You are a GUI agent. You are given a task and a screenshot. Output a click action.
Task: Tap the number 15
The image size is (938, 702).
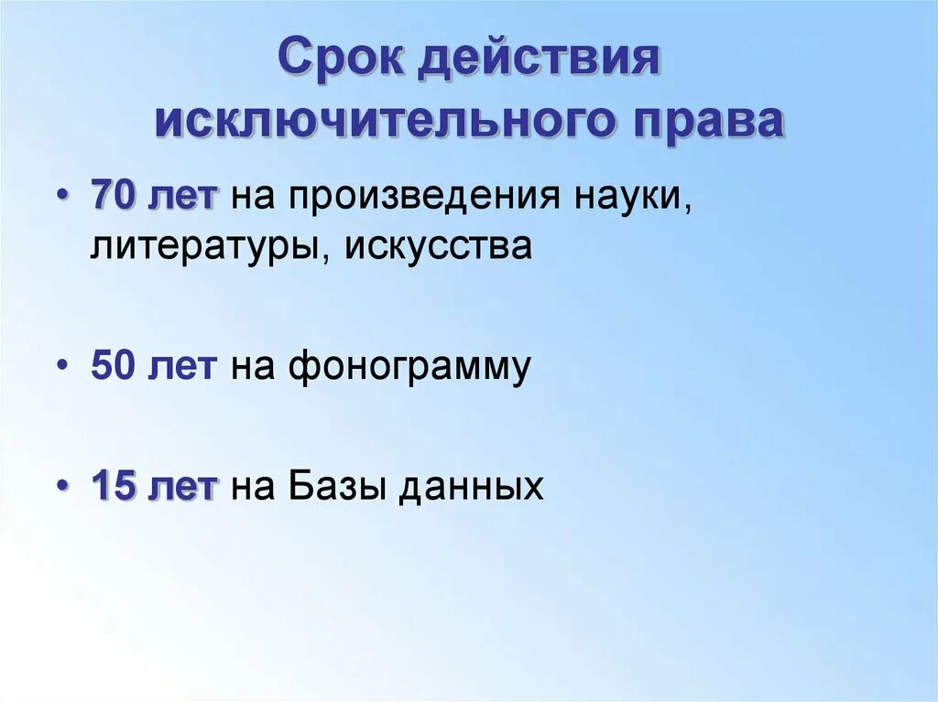114,485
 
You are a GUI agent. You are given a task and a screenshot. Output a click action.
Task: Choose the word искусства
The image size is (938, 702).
438,245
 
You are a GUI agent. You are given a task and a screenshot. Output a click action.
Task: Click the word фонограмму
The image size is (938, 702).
409,366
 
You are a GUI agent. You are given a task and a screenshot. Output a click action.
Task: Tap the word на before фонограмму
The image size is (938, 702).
253,368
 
